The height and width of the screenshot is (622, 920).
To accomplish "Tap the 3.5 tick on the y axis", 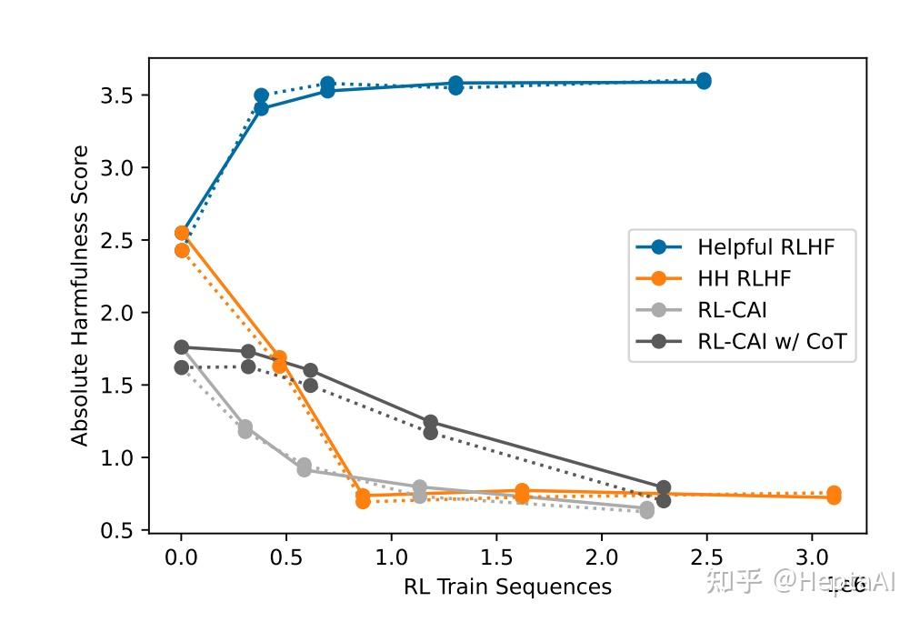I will [120, 95].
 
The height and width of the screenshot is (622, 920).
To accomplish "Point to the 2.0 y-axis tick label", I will [120, 313].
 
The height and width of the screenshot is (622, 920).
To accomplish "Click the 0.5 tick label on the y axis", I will [120, 530].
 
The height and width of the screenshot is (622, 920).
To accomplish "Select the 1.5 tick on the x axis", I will [496, 554].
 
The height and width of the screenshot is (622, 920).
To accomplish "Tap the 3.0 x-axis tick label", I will [812, 554].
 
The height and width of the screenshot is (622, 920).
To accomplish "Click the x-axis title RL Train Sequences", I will [507, 587].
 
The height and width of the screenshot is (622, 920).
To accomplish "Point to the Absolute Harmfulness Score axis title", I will [81, 296].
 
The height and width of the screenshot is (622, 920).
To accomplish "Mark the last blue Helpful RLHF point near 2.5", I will [703, 80].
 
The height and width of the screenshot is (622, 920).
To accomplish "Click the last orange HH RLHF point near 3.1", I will [834, 497].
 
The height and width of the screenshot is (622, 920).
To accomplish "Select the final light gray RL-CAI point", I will [646, 510].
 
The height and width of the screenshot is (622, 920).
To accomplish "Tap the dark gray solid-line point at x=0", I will [182, 347].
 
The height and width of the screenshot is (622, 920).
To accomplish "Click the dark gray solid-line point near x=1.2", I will [430, 423].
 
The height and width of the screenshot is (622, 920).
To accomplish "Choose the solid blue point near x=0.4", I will [261, 108].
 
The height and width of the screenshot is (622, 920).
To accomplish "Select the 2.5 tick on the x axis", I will [706, 554].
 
